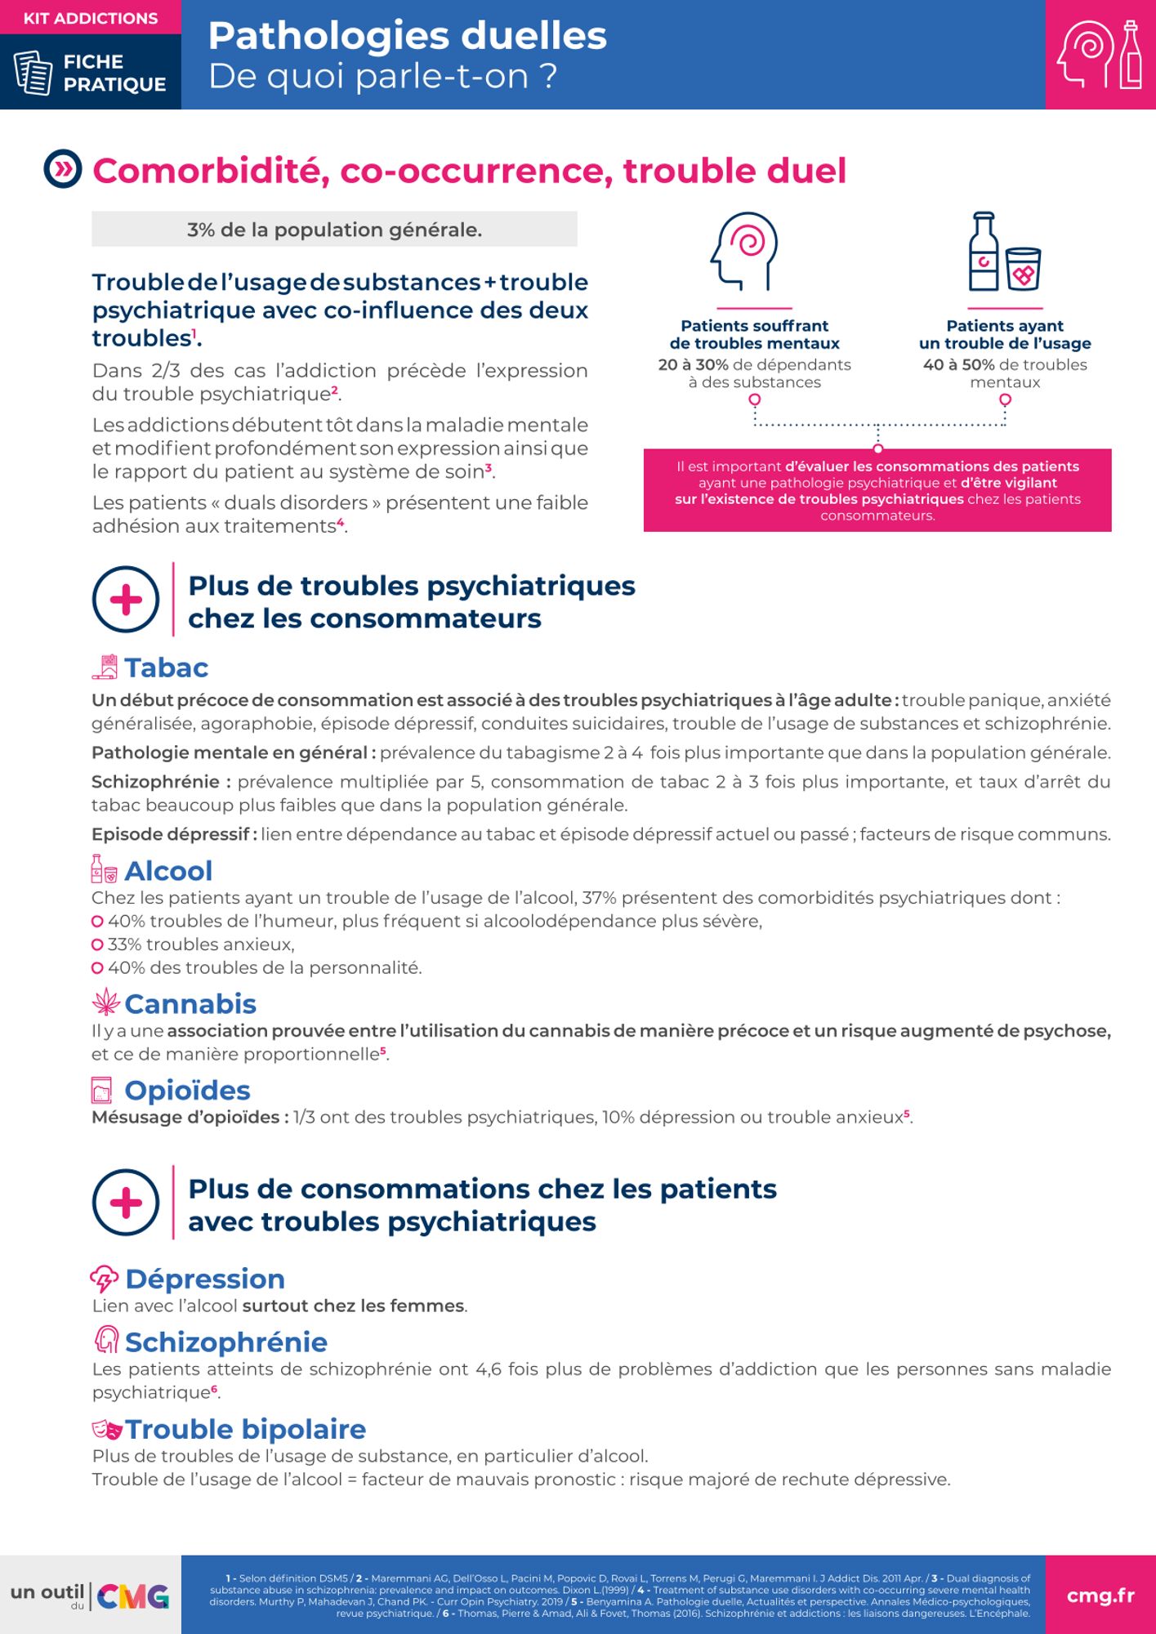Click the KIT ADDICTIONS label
[x=91, y=18]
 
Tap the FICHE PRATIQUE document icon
[x=33, y=73]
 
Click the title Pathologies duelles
[x=407, y=36]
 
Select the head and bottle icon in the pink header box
[x=1100, y=54]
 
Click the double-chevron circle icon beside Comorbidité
[x=63, y=169]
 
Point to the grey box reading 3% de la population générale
[x=334, y=230]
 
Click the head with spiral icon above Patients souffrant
[x=743, y=252]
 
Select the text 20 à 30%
[x=693, y=364]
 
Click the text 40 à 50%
[x=958, y=364]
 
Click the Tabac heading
[x=166, y=667]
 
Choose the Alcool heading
[x=167, y=871]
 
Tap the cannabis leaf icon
[x=105, y=1002]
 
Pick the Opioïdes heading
[x=187, y=1090]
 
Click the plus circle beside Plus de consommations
[x=126, y=1203]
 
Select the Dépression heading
[x=204, y=1279]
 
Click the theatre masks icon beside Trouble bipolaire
[x=107, y=1429]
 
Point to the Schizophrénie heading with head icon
[x=225, y=1342]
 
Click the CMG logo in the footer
[x=133, y=1596]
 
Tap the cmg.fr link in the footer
[x=1100, y=1596]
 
